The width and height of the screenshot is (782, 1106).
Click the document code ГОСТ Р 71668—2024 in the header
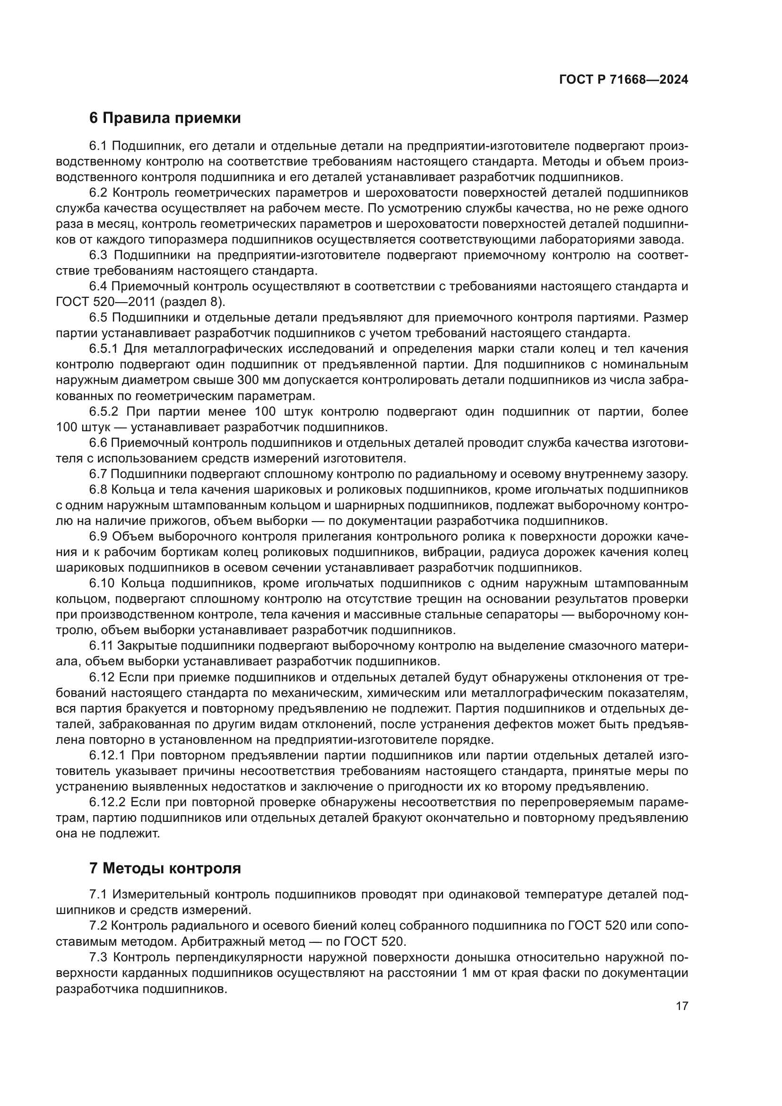pos(623,80)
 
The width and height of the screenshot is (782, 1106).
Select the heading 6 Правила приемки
pos(165,118)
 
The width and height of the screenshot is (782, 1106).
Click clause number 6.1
pos(98,146)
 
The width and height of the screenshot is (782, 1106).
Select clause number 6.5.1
pos(104,349)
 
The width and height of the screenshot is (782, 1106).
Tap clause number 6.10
pos(102,583)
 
